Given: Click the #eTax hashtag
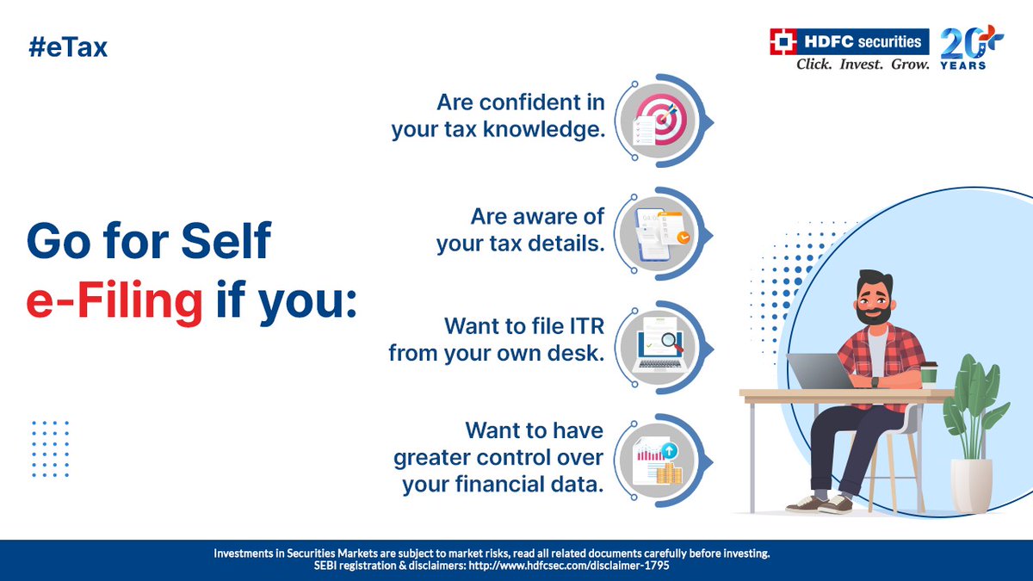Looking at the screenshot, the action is click(x=68, y=47).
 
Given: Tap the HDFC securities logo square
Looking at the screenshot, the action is click(x=783, y=41).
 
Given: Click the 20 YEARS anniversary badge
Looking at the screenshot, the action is click(x=971, y=48).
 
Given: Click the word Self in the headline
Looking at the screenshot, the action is click(x=226, y=240).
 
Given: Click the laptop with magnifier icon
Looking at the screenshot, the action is click(x=659, y=347).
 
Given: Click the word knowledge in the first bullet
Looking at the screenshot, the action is click(x=544, y=129).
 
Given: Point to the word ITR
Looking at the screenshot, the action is click(x=586, y=326).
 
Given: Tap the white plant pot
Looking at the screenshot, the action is click(x=971, y=485).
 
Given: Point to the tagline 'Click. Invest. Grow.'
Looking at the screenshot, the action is click(x=863, y=64).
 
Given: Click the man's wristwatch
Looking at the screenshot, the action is click(x=875, y=382).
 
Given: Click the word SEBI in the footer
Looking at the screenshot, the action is click(x=325, y=566).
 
